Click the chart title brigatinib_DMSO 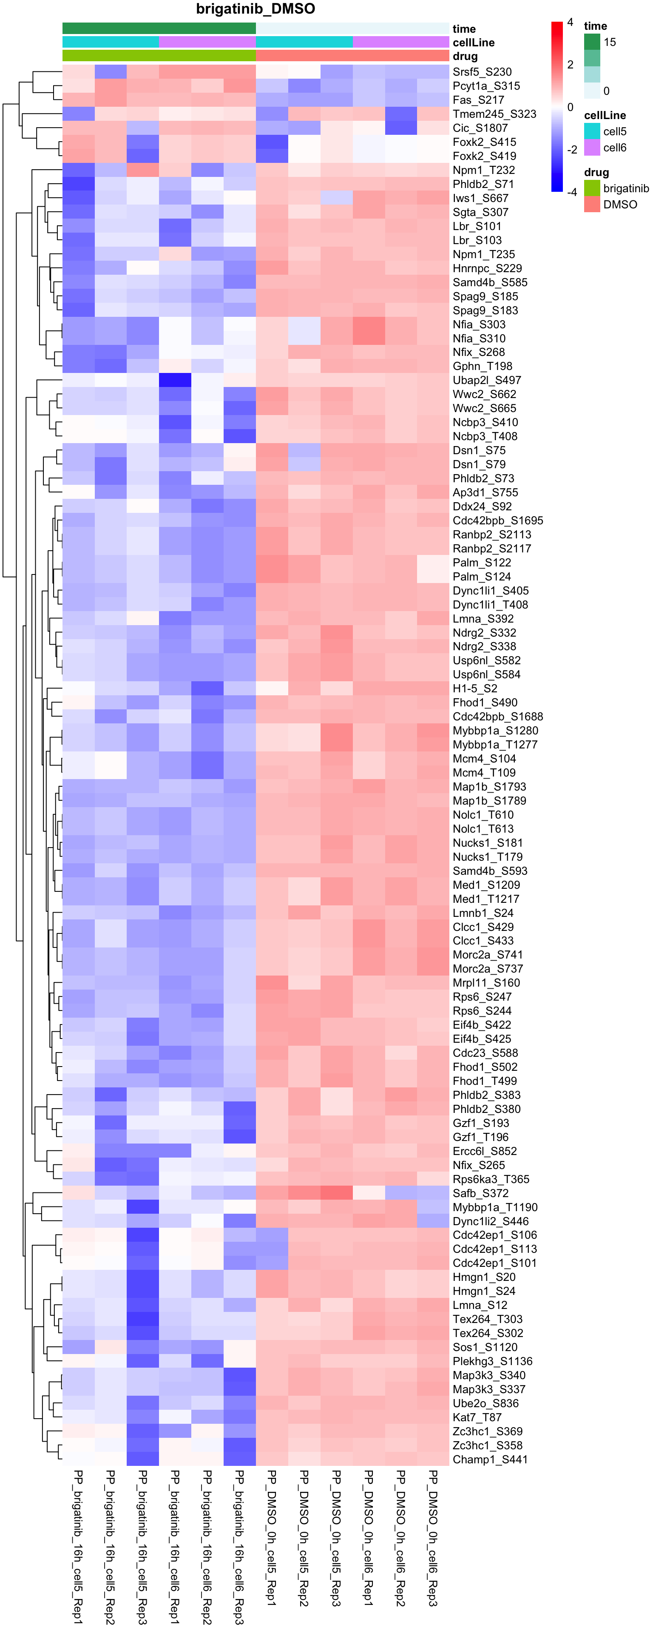pos(256,9)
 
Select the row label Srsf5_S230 pos(482,71)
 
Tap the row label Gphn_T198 pos(482,366)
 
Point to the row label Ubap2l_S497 pos(486,380)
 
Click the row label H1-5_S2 pos(475,688)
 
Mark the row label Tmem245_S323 pos(494,114)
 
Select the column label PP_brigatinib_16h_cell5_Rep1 pos(79,1547)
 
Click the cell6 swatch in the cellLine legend pos(591,148)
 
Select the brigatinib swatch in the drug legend pos(591,188)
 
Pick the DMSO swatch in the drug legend pos(591,204)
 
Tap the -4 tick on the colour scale pos(571,192)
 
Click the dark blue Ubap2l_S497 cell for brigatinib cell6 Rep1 pos(175,380)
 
